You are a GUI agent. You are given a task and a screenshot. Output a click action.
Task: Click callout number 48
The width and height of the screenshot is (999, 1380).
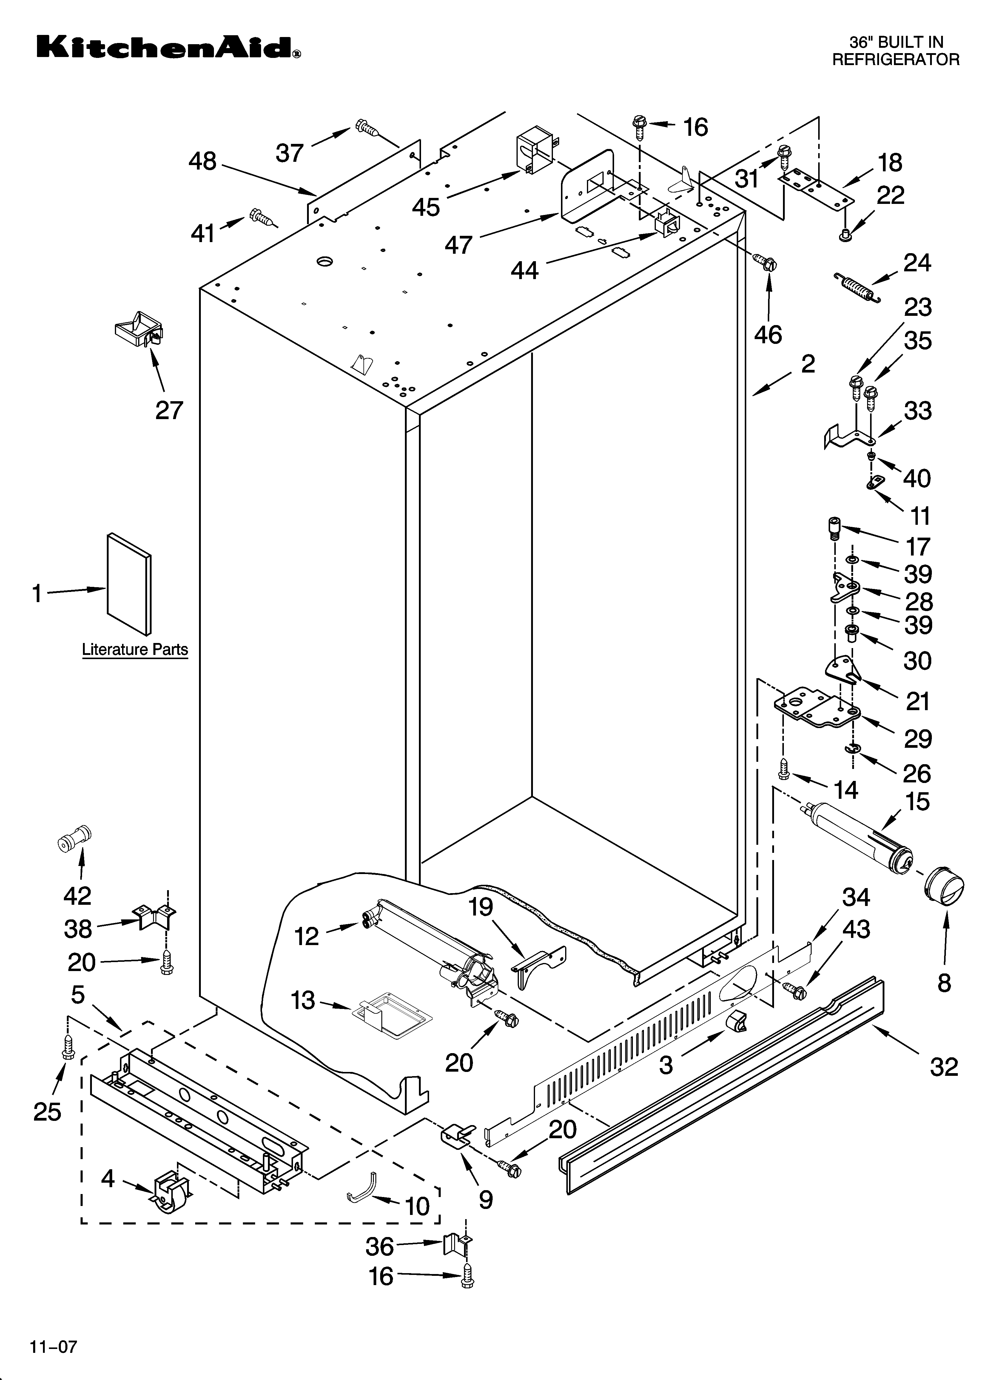click(203, 161)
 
